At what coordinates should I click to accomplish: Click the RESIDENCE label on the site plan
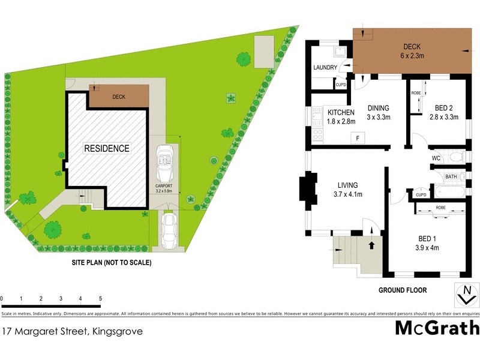coord(106,148)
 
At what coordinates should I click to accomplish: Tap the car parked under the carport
coord(165,165)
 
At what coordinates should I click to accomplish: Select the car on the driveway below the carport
coord(169,230)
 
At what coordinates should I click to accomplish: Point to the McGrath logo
coord(437,328)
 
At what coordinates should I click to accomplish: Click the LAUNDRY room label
coord(325,68)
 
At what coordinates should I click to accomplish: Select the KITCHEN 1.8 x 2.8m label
coord(341,116)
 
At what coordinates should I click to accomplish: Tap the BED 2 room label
coord(444,112)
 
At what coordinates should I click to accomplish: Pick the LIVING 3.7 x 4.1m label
coord(347,189)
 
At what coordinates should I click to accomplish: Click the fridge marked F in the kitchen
coord(358,139)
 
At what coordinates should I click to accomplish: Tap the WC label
coord(436,158)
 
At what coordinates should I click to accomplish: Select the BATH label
coord(451,176)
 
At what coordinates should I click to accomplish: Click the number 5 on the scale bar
coord(100,298)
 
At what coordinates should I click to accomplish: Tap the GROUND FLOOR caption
coord(402,290)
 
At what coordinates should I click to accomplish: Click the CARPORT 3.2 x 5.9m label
coord(164,189)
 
